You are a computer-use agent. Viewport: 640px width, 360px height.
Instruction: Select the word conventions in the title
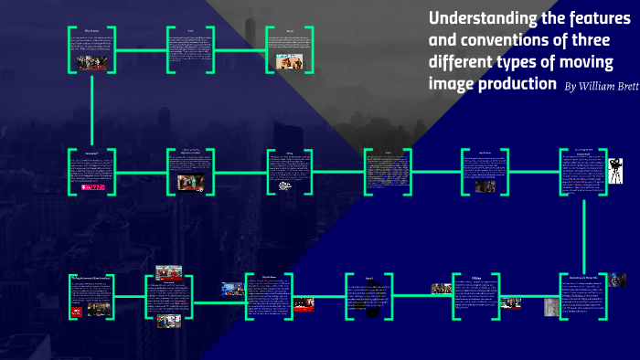tap(498, 41)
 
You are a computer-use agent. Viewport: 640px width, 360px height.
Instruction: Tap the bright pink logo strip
tap(93, 187)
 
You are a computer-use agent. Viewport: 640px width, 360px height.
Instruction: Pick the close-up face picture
tap(619, 280)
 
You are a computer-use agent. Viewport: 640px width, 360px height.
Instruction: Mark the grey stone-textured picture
tap(551, 306)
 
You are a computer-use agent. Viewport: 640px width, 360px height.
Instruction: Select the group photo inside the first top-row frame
tap(92, 62)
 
